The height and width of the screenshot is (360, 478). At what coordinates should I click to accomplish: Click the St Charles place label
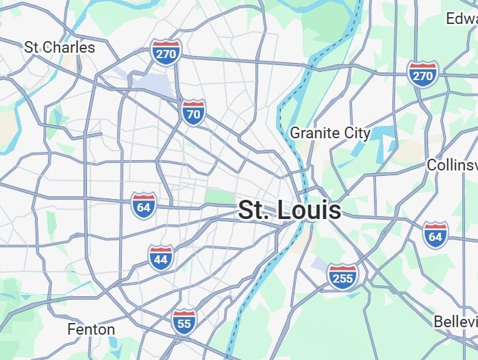(60, 47)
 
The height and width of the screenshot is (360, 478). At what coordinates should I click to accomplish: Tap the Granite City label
(330, 133)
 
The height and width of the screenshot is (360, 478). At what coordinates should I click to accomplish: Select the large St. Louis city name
(289, 210)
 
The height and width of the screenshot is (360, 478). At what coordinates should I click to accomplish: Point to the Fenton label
(91, 329)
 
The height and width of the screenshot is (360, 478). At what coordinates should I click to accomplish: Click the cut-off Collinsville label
(451, 165)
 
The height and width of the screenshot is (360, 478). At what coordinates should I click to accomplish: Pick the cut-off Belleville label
(455, 321)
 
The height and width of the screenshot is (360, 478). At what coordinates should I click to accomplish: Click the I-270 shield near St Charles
(166, 52)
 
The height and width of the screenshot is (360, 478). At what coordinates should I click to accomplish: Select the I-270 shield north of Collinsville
(423, 74)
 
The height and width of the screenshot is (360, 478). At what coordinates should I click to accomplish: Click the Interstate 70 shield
(194, 113)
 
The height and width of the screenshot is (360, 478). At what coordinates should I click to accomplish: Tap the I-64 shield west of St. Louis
(143, 205)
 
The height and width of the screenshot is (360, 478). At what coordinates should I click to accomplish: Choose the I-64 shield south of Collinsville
(435, 234)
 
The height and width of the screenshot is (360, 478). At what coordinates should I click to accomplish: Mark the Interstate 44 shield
(160, 257)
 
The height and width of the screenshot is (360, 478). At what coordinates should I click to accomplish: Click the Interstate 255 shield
(342, 276)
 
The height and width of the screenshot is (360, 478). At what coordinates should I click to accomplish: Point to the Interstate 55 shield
(184, 322)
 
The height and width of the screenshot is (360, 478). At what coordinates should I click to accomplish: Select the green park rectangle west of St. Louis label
(221, 198)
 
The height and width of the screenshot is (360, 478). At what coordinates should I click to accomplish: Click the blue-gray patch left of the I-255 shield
(318, 263)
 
